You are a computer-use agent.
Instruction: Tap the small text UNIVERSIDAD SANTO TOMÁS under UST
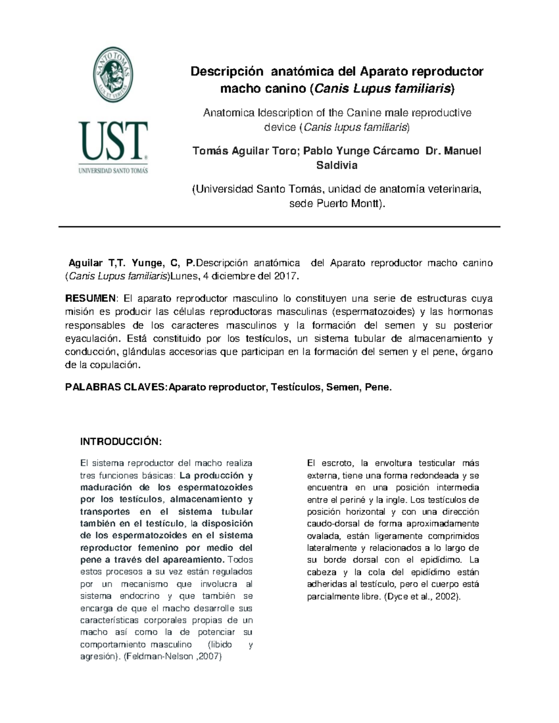[x=113, y=171]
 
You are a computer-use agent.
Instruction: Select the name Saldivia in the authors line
[x=337, y=165]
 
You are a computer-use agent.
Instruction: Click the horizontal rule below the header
[x=279, y=227]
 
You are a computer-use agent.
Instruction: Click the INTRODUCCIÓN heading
[x=121, y=441]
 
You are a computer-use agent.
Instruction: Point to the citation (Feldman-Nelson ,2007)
[x=173, y=657]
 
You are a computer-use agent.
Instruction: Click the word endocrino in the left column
[x=139, y=596]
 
